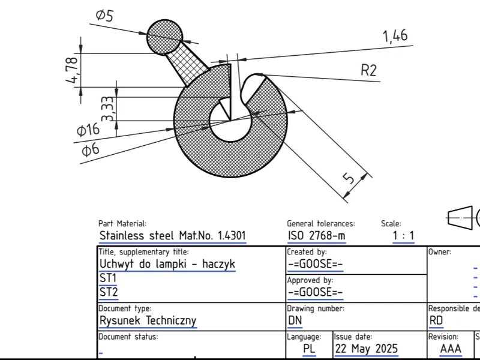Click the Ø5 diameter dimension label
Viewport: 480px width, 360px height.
104,15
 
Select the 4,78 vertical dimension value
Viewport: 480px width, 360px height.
72,70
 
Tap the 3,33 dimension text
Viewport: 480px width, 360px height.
108,109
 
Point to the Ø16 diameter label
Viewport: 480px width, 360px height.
88,130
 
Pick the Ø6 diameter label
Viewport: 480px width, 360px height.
91,150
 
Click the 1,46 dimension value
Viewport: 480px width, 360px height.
395,36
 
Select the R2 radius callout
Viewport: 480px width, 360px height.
368,70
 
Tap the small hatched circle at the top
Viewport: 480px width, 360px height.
164,37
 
